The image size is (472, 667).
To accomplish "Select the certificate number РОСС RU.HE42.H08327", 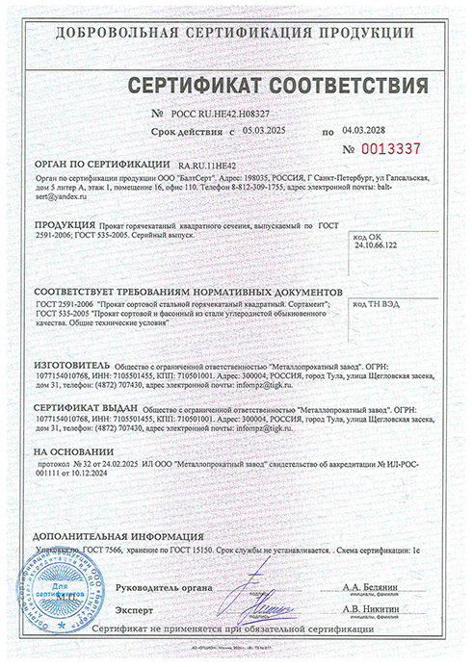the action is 194,114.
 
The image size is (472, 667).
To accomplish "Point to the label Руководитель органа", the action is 163,586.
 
